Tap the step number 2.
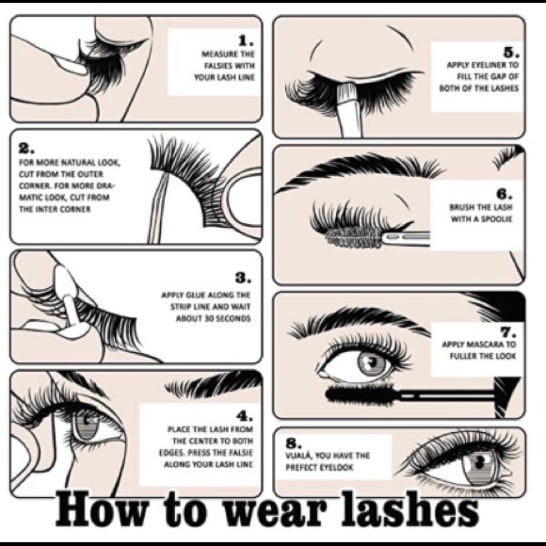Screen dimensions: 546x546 (25, 148)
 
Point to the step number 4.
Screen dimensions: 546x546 (244, 414)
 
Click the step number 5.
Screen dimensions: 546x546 (510, 52)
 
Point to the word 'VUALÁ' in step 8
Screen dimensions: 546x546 (303, 456)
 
